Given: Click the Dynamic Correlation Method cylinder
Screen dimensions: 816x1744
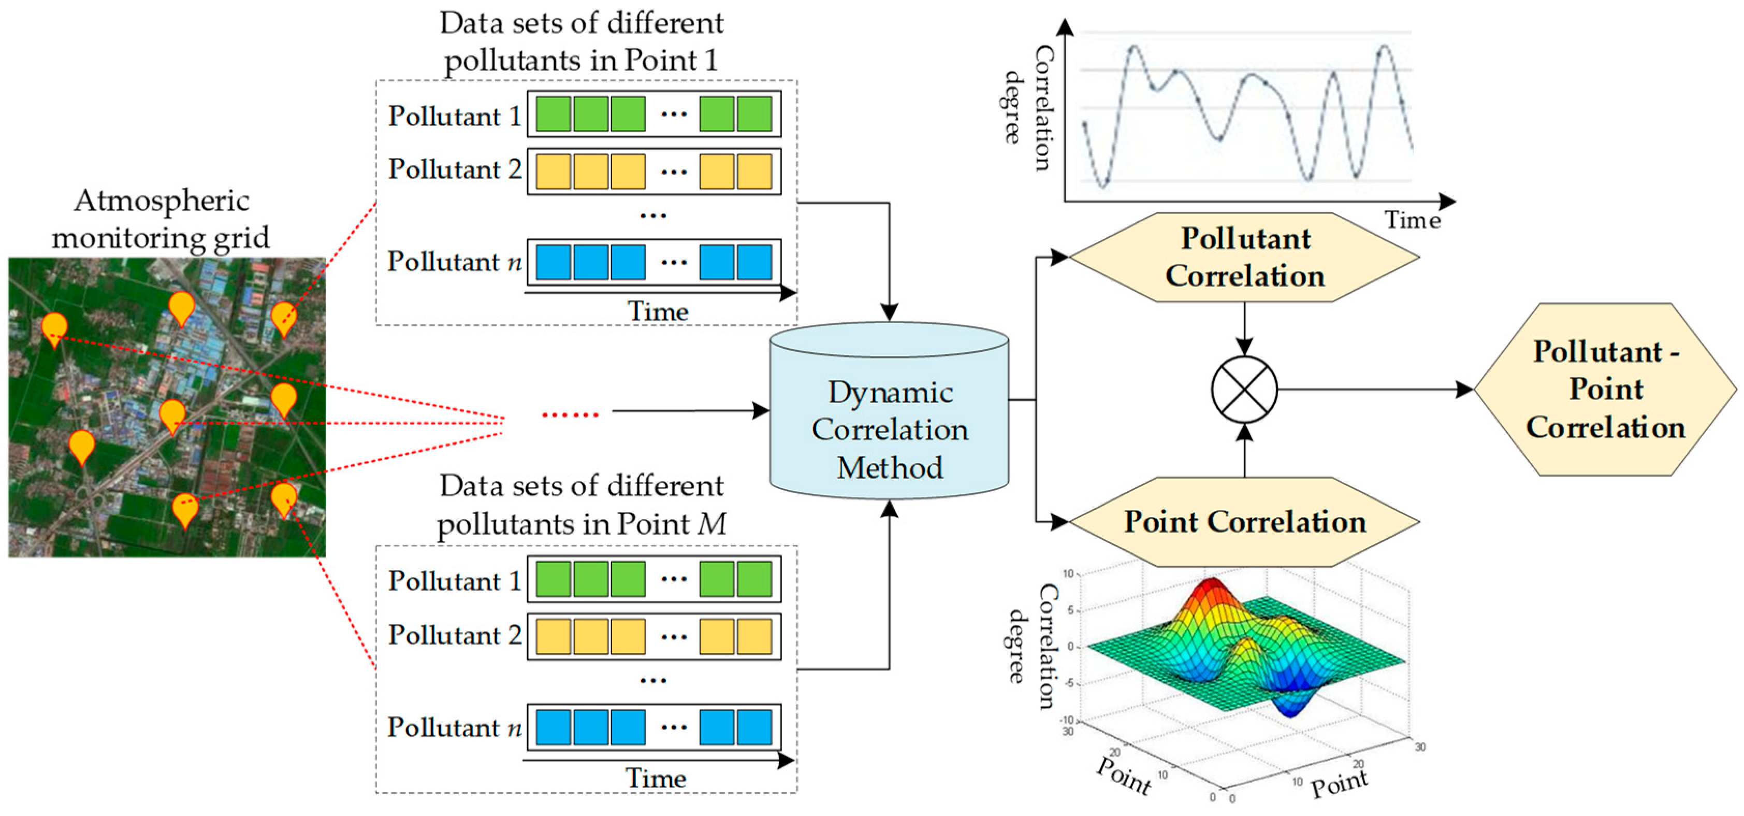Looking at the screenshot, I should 889,420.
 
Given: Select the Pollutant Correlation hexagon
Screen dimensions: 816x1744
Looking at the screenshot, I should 1244,257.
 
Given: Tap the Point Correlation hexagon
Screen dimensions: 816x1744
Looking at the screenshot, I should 1244,521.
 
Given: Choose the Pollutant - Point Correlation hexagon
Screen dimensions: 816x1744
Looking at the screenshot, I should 1606,390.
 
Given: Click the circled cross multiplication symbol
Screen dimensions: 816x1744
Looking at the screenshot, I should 1244,390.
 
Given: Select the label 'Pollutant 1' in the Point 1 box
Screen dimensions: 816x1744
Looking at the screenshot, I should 454,116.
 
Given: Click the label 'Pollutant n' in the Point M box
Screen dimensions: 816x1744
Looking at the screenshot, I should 454,727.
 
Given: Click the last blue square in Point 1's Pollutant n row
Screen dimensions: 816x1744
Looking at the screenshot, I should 754,262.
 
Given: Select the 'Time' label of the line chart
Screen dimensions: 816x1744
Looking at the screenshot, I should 1412,220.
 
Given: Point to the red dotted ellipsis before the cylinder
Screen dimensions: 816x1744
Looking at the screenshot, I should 570,414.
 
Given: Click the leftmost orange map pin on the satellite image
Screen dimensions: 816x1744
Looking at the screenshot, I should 54,328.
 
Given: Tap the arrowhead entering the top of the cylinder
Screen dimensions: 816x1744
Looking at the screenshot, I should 889,313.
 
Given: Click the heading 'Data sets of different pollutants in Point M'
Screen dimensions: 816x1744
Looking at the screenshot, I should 582,505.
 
